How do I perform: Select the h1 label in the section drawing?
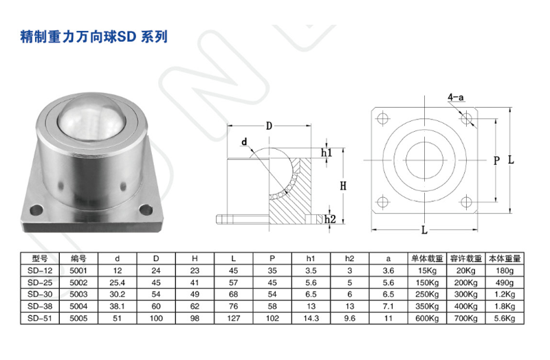click(x=327, y=152)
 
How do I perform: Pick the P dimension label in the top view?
click(x=496, y=160)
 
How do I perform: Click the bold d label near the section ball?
click(x=243, y=142)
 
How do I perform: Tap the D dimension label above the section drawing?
click(x=269, y=126)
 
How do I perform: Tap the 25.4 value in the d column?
click(x=117, y=282)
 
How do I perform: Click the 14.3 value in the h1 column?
click(x=311, y=319)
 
